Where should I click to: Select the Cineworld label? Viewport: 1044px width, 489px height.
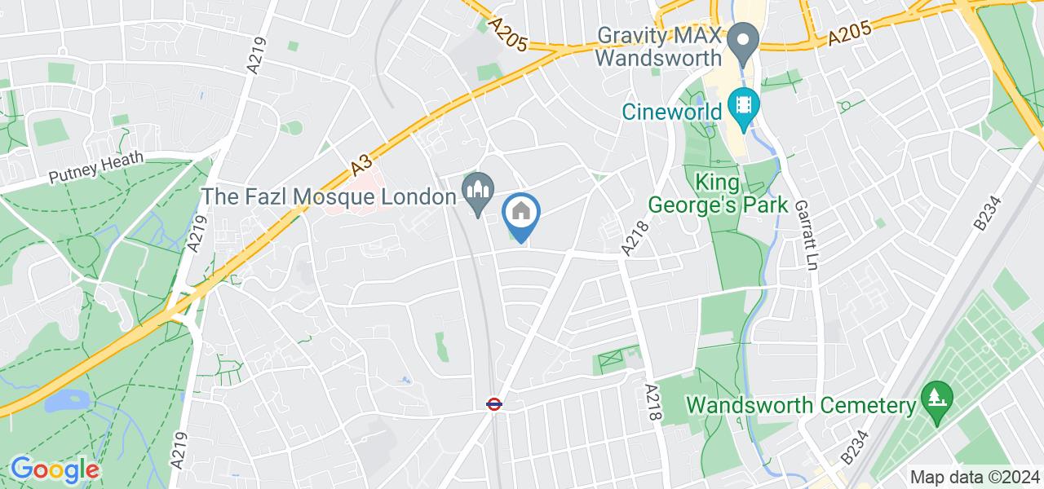click(673, 110)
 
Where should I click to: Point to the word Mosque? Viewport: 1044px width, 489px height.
click(356, 197)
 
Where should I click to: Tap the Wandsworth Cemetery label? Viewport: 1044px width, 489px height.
click(799, 405)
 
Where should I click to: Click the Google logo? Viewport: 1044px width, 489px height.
click(55, 470)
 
